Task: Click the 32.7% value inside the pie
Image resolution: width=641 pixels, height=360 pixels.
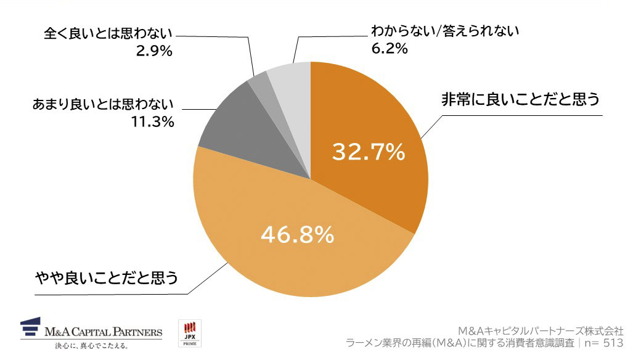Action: pyautogui.click(x=369, y=151)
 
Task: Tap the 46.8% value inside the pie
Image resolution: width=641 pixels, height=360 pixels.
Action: pyautogui.click(x=297, y=234)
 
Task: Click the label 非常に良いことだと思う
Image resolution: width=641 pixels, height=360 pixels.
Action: pyautogui.click(x=520, y=100)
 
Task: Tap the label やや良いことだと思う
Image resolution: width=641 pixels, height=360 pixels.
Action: pyautogui.click(x=105, y=279)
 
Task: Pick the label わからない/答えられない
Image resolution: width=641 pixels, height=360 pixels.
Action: pyautogui.click(x=445, y=31)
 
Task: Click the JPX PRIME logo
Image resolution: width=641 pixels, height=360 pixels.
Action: pyautogui.click(x=189, y=333)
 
